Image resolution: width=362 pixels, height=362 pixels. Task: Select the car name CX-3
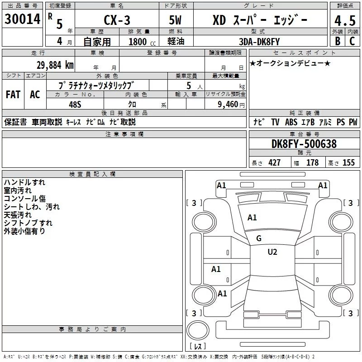[x=116, y=20]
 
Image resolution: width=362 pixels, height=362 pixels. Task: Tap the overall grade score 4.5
[x=344, y=20]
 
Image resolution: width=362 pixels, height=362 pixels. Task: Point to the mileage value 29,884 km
[x=55, y=65]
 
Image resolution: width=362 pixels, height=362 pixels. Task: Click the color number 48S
[x=74, y=104]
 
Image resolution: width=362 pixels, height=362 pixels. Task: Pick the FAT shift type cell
[x=13, y=94]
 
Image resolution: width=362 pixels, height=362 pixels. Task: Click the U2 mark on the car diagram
[x=272, y=252]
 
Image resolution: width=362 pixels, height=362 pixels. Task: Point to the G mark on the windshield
[x=259, y=238]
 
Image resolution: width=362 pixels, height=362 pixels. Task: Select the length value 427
[x=274, y=163]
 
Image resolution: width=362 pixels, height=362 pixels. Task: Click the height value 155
[x=348, y=163]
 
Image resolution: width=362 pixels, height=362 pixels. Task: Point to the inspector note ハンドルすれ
[x=24, y=182]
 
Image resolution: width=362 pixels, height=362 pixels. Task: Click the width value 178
[x=312, y=163]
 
